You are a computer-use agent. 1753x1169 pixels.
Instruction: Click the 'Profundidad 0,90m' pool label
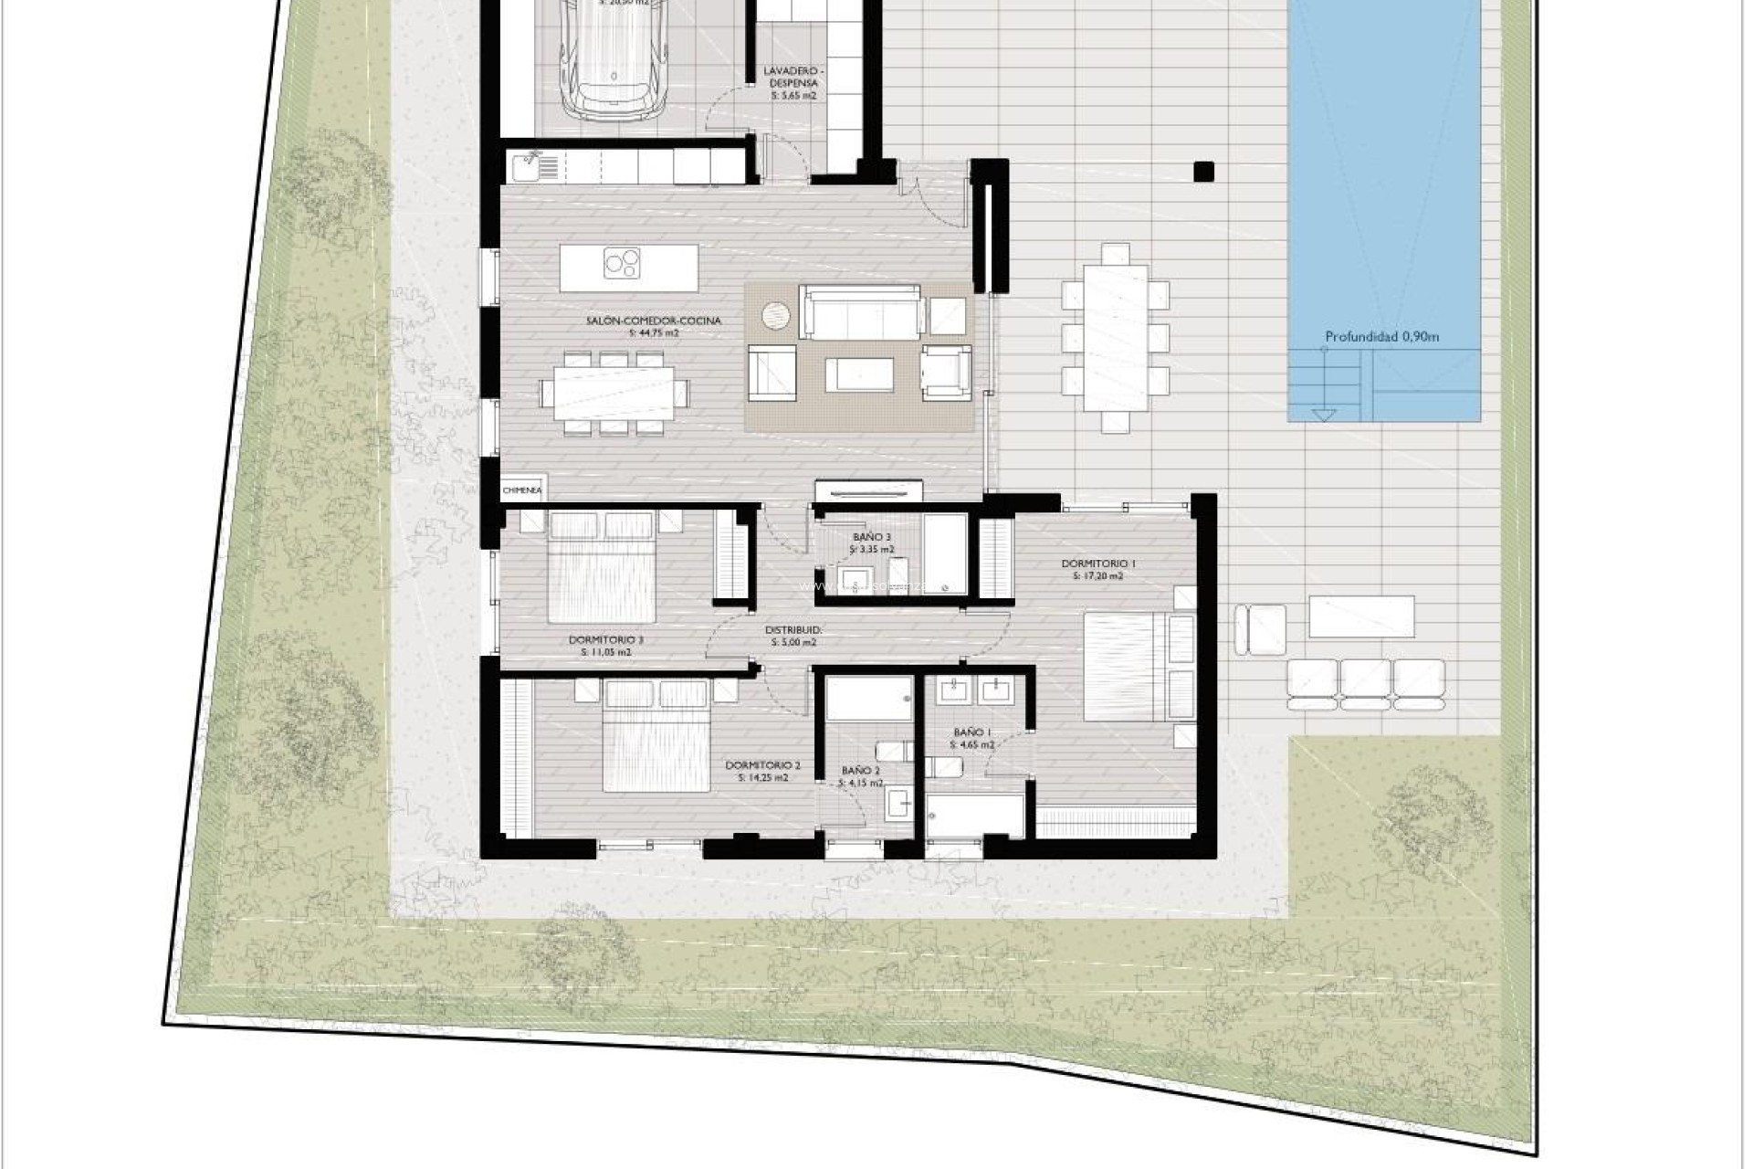[x=1381, y=337]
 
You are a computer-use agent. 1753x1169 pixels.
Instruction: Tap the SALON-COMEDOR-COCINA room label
[x=654, y=321]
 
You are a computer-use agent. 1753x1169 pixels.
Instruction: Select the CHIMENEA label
[x=522, y=490]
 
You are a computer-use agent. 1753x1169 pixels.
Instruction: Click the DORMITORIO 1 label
[x=1097, y=564]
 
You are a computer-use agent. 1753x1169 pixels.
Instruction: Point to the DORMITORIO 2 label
[x=762, y=765]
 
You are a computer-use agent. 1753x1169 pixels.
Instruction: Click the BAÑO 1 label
[x=971, y=732]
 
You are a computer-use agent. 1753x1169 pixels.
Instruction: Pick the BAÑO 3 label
[x=871, y=538]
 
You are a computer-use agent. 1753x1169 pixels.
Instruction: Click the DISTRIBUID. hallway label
[x=793, y=630]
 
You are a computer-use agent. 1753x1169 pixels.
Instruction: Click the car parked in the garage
[x=614, y=64]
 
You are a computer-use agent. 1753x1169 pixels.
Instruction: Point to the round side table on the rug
[x=777, y=315]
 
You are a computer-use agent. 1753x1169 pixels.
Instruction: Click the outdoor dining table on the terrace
[x=1116, y=338]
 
